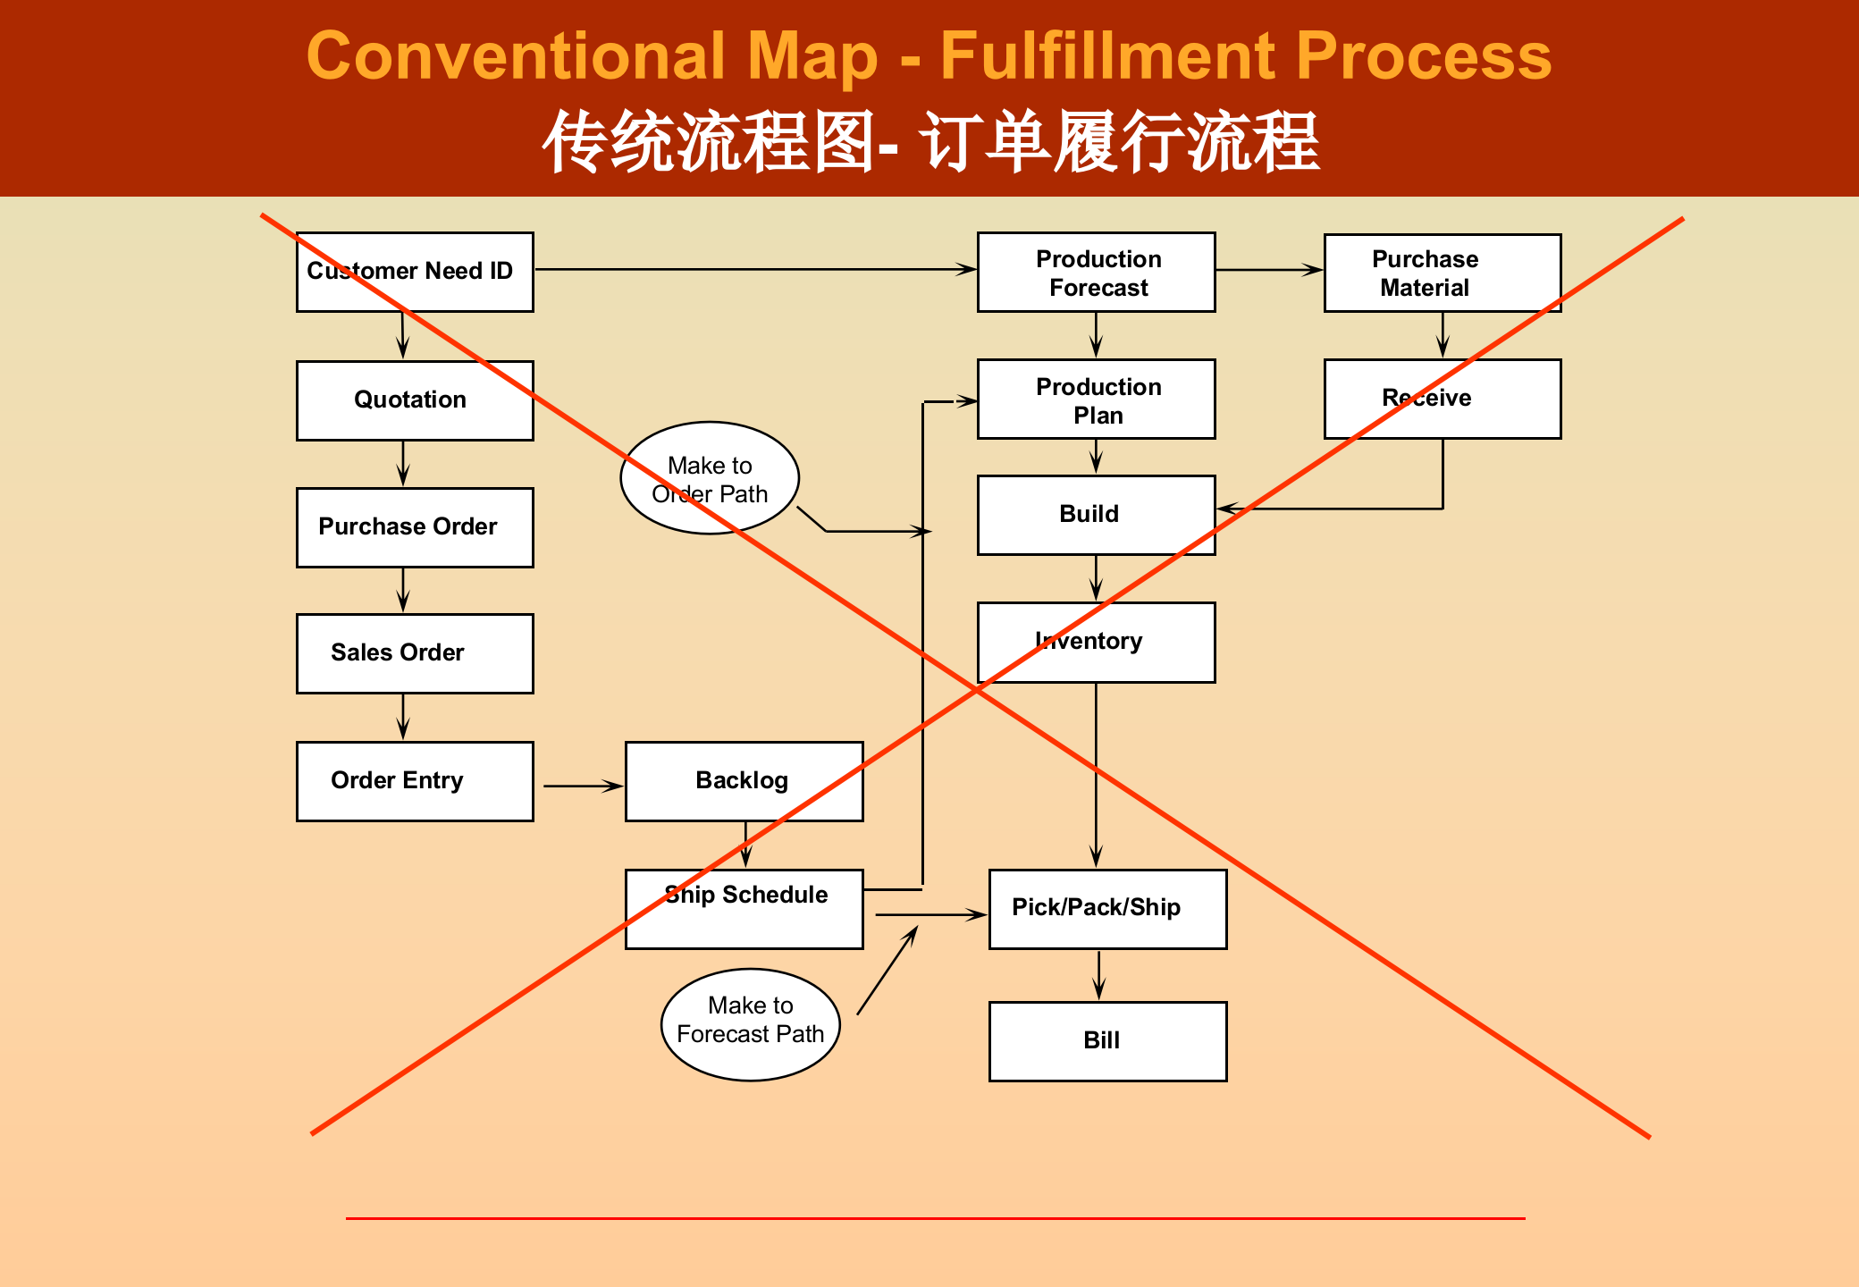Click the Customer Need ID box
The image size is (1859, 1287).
pos(415,272)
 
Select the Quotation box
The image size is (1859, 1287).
pos(415,400)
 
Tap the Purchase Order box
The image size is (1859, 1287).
pos(415,527)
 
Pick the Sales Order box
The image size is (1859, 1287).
pos(415,653)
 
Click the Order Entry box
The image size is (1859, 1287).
pos(415,781)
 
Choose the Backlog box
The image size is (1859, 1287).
pos(744,781)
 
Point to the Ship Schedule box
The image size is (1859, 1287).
pos(744,909)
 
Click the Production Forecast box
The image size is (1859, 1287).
pos(1096,273)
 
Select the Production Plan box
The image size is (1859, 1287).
pos(1096,400)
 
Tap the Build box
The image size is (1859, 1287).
pos(1096,515)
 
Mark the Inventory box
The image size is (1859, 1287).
pos(1096,642)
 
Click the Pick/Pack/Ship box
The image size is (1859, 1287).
pos(1107,909)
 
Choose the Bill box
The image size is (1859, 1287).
pos(1107,1041)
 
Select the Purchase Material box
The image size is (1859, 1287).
pos(1442,273)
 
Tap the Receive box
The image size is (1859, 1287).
pos(1442,399)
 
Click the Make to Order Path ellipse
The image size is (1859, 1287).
pos(710,478)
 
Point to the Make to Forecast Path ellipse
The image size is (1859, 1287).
pos(750,1024)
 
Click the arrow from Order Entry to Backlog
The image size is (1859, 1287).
pos(583,786)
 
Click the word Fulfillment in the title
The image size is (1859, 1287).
pos(1108,55)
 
